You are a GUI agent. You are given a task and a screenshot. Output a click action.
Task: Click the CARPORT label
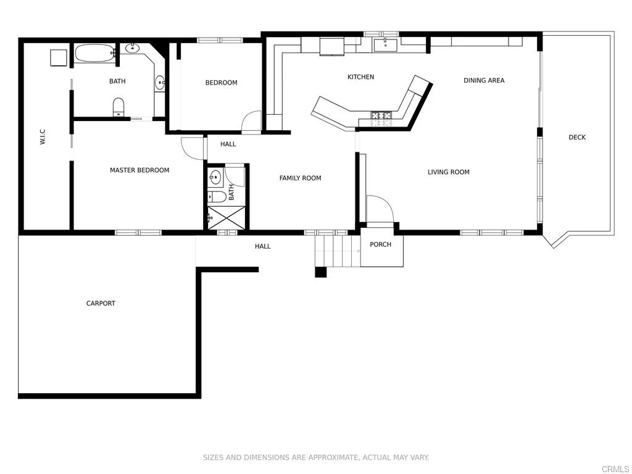pos(101,303)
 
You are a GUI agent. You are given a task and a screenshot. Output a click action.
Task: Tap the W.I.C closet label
pos(43,137)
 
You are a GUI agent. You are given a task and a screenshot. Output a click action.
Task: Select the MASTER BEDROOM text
pos(139,170)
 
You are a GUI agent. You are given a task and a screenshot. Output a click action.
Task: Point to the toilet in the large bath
pos(118,107)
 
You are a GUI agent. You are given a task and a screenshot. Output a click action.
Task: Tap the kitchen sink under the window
pos(386,44)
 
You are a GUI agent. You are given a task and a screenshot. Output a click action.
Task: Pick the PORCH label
pos(381,244)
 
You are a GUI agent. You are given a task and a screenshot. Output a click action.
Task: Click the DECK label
pos(577,137)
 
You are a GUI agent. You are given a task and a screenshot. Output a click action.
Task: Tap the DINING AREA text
pos(484,80)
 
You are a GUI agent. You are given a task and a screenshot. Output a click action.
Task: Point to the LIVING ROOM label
pos(449,172)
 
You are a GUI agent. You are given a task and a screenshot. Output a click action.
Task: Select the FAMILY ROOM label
pos(300,178)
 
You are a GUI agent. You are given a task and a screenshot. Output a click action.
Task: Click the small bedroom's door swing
pos(252,122)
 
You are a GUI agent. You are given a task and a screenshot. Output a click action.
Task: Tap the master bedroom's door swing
pos(193,147)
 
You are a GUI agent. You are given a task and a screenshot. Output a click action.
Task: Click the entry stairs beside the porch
pos(337,250)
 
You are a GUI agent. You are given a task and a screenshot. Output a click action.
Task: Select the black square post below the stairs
pos(320,272)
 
